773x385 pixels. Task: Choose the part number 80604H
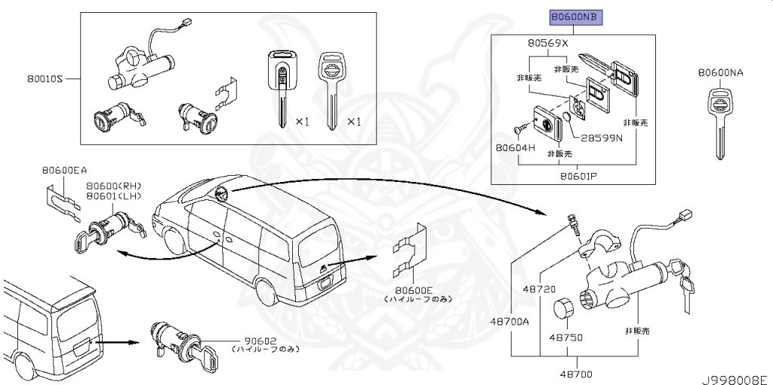[516, 147]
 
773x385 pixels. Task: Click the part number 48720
[539, 288]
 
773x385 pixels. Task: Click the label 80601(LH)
[114, 196]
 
